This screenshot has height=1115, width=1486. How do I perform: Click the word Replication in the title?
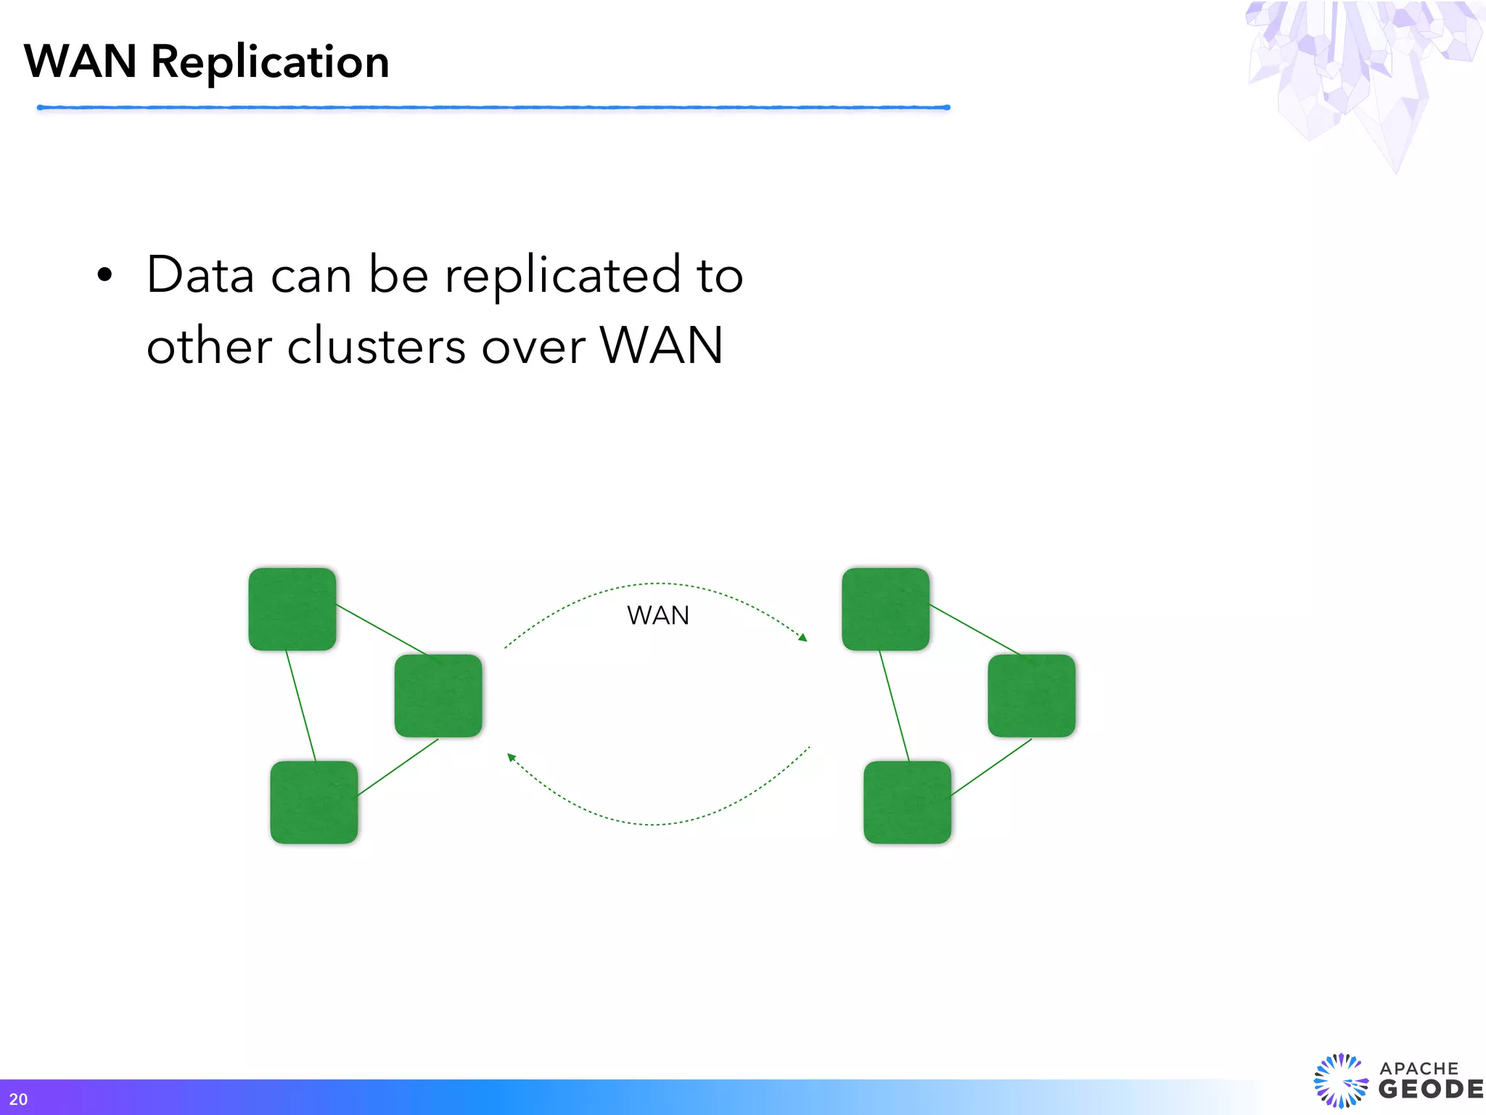[x=269, y=62]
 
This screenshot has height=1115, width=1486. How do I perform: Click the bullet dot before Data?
[x=105, y=275]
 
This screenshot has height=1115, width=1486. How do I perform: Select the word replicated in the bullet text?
[x=562, y=276]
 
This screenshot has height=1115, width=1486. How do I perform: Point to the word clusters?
[x=376, y=346]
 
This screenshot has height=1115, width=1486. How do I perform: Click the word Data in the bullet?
[x=200, y=276]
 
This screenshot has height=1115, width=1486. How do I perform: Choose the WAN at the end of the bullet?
[x=662, y=346]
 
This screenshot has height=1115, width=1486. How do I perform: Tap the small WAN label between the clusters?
[x=658, y=616]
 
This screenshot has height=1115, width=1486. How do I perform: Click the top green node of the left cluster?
[x=292, y=609]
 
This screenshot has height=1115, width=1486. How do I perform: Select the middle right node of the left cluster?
[x=438, y=695]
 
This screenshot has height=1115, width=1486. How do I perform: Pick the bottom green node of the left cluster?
[x=314, y=802]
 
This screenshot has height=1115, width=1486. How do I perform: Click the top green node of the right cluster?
[x=885, y=609]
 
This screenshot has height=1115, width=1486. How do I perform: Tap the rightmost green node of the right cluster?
[x=1031, y=695]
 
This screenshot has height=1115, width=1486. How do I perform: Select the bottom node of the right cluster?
[x=907, y=802]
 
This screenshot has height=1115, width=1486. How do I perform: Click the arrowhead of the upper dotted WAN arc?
[x=802, y=637]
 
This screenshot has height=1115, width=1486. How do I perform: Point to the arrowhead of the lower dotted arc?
[x=512, y=758]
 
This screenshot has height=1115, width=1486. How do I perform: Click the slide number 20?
[x=18, y=1099]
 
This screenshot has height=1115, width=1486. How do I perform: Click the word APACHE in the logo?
[x=1419, y=1069]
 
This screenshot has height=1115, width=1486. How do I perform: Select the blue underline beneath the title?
[x=493, y=107]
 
